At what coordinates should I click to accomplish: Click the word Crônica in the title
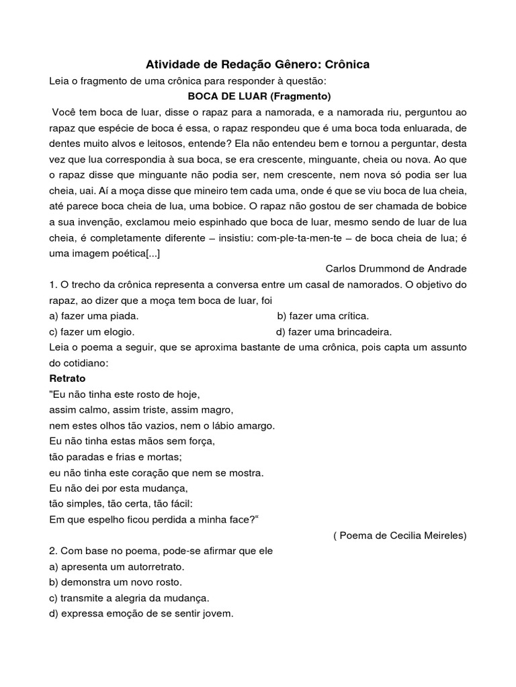(345, 64)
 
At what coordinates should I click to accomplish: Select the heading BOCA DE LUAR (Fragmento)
(257, 96)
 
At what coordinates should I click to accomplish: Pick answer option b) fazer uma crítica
(322, 315)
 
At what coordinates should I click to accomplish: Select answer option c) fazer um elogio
(92, 331)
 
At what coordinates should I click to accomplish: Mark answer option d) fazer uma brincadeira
(334, 331)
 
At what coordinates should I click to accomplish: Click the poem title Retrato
(67, 378)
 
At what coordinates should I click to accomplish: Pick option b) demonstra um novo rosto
(116, 582)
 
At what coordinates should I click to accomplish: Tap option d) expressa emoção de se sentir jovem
(141, 613)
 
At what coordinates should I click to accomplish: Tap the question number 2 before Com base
(53, 551)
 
